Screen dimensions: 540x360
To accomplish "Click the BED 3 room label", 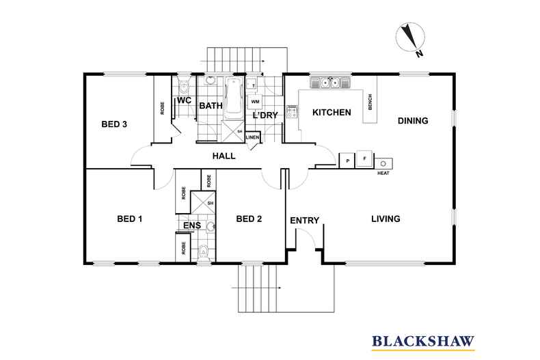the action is tap(114, 124).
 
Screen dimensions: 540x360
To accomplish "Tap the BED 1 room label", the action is tap(130, 219).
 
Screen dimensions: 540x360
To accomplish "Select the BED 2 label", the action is tap(249, 219).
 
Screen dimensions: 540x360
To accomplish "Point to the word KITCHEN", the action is tap(332, 113).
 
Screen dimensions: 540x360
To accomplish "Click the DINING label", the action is tap(413, 121).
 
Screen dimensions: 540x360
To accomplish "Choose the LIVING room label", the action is tap(386, 219).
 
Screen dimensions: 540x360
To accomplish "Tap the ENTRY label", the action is tap(304, 220).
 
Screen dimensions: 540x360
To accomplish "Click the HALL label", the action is tap(224, 156).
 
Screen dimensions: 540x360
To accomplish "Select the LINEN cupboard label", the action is tap(252, 138).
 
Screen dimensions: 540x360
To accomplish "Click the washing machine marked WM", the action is tap(255, 102).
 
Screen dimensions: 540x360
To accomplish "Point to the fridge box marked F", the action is tap(364, 159).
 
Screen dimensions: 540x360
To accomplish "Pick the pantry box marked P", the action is tap(347, 161).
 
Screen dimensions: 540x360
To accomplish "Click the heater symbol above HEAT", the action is tap(383, 164).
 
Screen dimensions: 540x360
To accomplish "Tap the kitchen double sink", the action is tap(330, 83).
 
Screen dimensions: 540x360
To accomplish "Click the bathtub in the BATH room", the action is tap(234, 98).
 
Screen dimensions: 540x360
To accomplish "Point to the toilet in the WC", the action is tap(185, 86).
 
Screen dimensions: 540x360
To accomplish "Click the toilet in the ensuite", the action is tap(204, 252).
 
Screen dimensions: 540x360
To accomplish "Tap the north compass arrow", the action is tap(410, 37).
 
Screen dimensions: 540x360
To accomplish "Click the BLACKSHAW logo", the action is tap(423, 342).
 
